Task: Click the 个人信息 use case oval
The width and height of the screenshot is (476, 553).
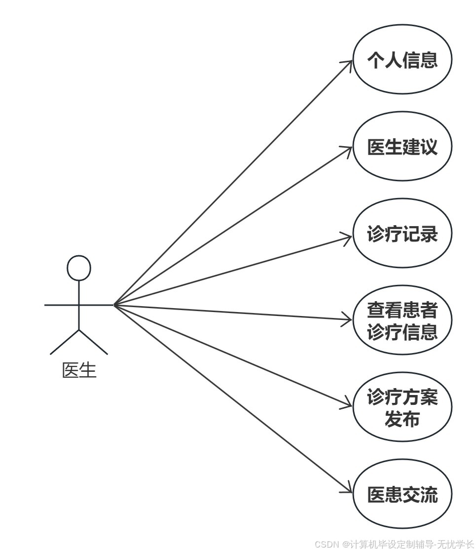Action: point(402,60)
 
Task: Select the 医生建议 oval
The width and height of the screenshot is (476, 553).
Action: point(402,147)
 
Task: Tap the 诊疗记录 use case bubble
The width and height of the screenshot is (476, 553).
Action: point(402,234)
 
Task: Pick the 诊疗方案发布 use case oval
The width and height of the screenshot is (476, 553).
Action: point(402,407)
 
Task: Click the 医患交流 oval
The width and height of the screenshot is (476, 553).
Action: point(402,494)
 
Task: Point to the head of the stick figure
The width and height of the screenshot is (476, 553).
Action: point(79,268)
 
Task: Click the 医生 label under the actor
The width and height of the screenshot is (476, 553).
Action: point(79,370)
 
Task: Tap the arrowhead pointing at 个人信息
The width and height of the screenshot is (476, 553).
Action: point(349,63)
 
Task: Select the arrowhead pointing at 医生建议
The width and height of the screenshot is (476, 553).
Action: point(349,149)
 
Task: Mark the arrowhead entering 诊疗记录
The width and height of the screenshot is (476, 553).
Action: point(349,237)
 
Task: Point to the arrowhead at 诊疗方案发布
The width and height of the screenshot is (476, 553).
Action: point(349,405)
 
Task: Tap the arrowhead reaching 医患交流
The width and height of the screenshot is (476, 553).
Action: point(349,491)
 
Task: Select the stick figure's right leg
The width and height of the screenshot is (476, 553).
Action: point(93,342)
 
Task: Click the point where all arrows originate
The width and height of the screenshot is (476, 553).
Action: point(114,305)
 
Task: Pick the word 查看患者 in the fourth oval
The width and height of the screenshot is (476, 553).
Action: point(402,310)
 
